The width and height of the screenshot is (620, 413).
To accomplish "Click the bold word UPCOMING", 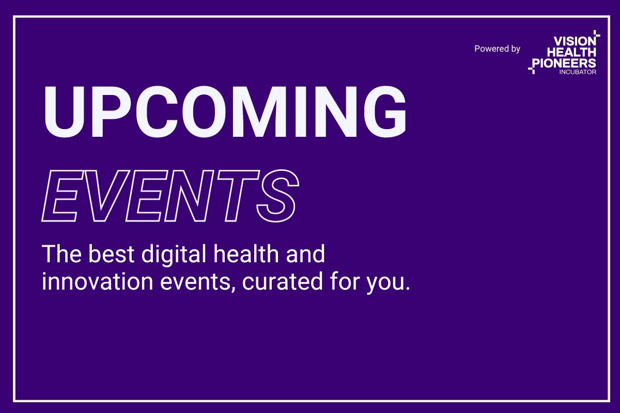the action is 225,112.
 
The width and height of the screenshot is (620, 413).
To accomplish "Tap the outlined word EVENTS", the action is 170,196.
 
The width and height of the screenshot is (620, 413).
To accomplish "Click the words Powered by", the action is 497,49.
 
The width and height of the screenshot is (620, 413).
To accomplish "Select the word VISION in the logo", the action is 575,41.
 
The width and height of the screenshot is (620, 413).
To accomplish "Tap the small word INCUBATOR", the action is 578,72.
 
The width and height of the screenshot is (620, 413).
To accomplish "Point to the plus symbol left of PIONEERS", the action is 532,69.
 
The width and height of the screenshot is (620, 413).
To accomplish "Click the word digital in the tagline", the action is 174,255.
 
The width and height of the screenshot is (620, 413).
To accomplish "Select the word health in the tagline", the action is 246,253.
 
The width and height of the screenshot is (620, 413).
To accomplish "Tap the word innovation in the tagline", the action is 98,281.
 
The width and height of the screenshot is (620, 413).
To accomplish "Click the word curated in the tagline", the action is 282,281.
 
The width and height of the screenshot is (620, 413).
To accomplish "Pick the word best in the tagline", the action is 111,253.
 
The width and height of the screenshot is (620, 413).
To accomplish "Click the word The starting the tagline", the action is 61,253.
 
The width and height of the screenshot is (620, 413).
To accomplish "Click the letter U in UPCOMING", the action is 64,112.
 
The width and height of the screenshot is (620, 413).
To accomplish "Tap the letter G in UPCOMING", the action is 385,112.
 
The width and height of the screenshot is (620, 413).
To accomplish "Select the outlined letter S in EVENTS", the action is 278,196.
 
